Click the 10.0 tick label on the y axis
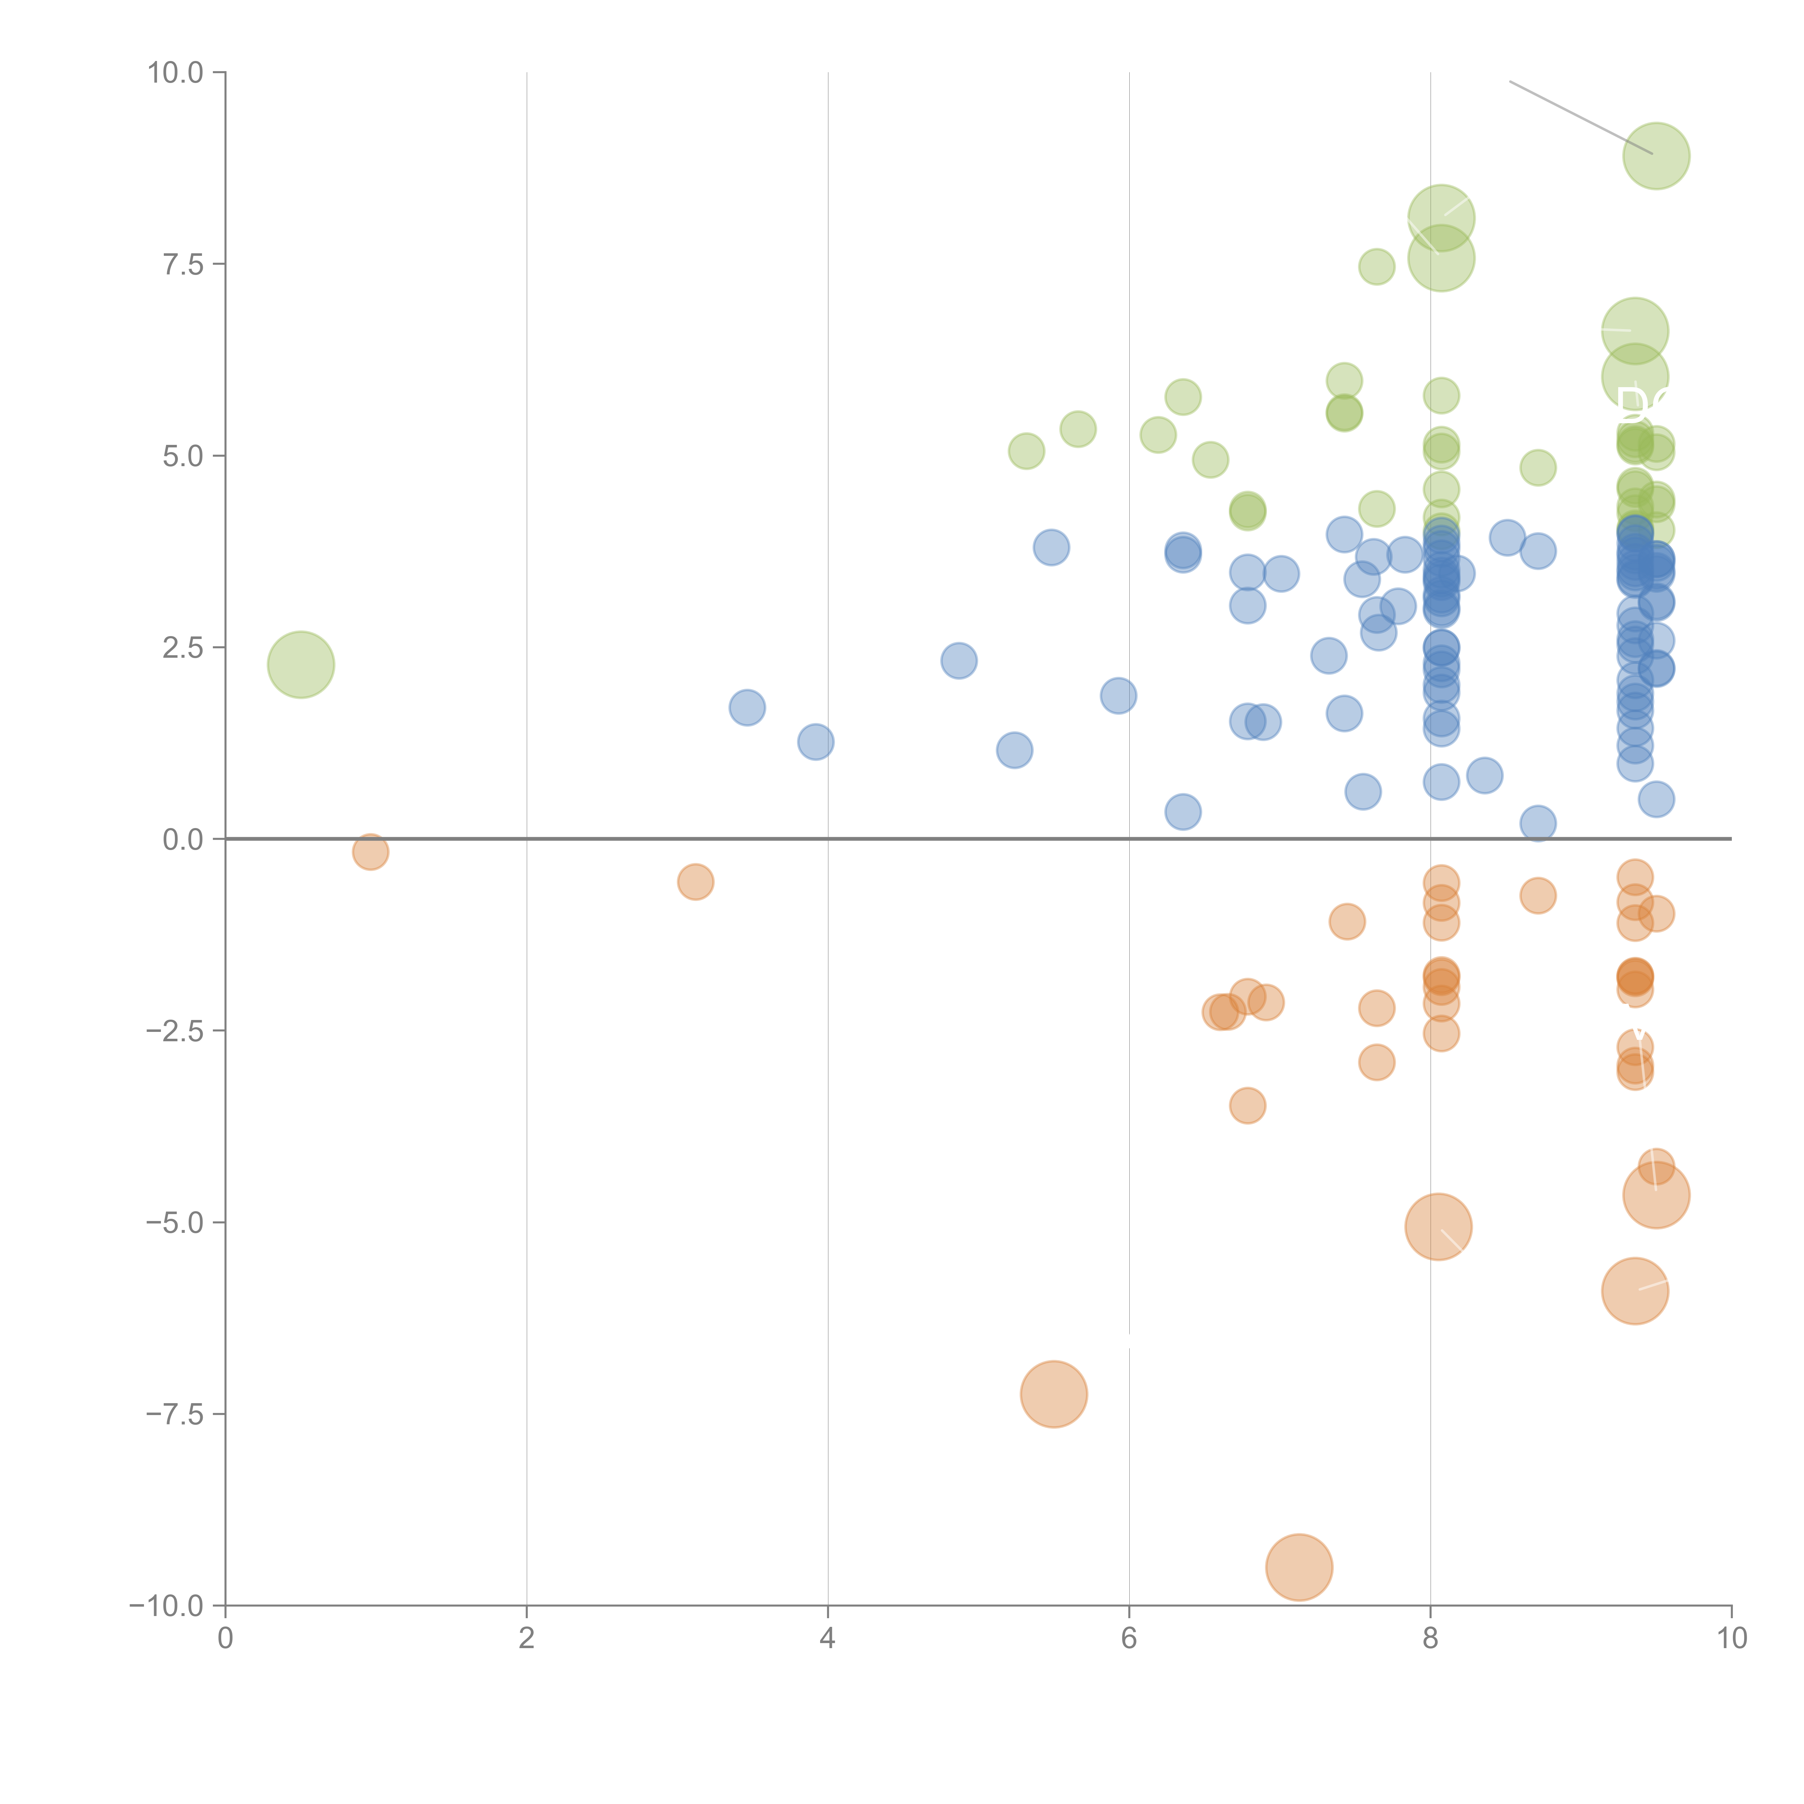tap(176, 73)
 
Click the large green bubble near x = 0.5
tap(301, 664)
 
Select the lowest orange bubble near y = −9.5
tap(1299, 1567)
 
